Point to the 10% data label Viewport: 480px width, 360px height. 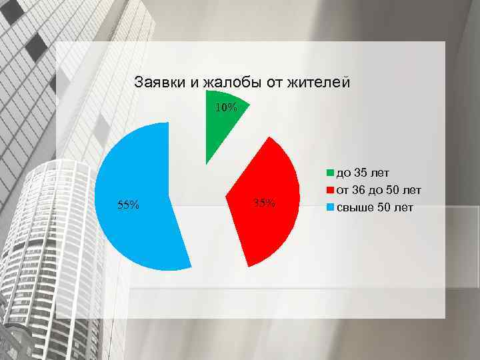(x=226, y=107)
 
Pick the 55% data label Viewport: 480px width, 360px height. (x=128, y=205)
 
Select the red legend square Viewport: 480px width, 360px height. (x=330, y=191)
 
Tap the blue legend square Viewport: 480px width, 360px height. (x=330, y=208)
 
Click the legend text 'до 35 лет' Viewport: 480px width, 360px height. (x=363, y=175)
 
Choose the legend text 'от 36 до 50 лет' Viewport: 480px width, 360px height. (x=379, y=191)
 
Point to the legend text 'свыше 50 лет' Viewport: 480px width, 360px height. (x=374, y=208)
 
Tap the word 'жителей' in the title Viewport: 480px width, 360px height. (x=318, y=83)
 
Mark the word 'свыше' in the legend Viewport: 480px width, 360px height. (x=354, y=208)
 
